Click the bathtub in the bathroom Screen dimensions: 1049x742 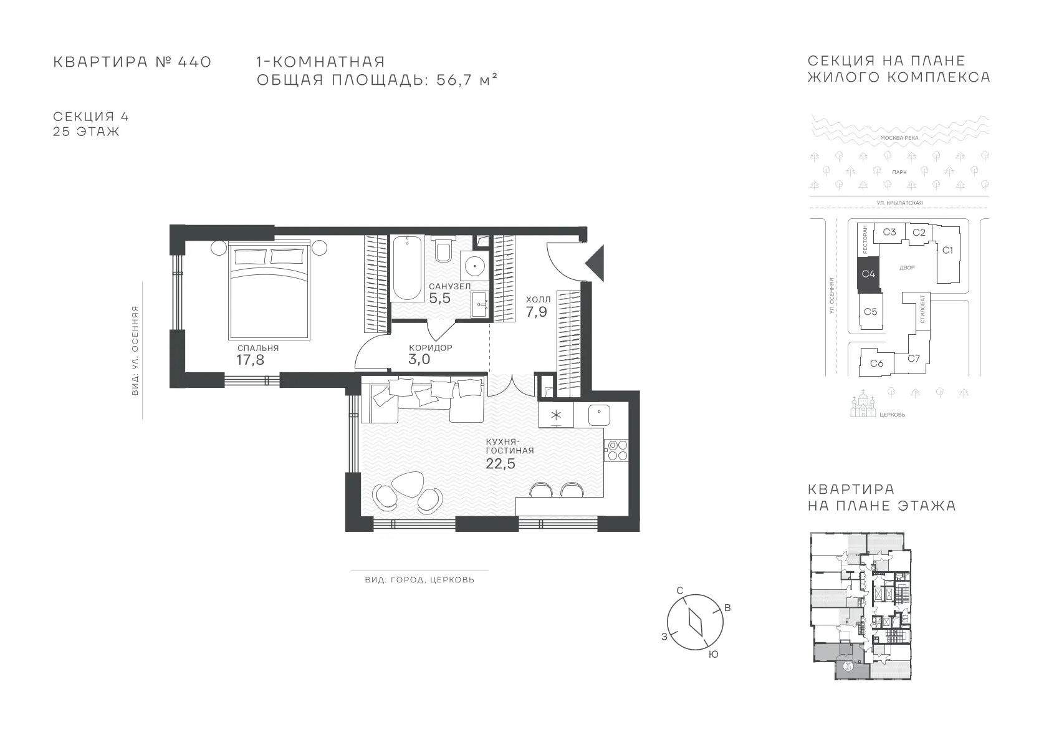pyautogui.click(x=408, y=267)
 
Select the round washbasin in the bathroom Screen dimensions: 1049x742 pyautogui.click(x=475, y=266)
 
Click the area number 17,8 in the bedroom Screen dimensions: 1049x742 pyautogui.click(x=251, y=360)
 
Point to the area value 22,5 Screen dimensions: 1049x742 pyautogui.click(x=501, y=464)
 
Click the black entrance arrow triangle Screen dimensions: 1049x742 pyautogui.click(x=595, y=263)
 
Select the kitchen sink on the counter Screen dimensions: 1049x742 pyautogui.click(x=599, y=415)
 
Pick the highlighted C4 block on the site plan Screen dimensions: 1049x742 pyautogui.click(x=868, y=274)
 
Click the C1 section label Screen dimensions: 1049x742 pyautogui.click(x=947, y=251)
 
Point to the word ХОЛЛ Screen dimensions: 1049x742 pyautogui.click(x=538, y=299)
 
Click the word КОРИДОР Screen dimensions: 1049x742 pyautogui.click(x=430, y=348)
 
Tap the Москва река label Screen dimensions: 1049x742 pyautogui.click(x=899, y=138)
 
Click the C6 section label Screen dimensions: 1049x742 pyautogui.click(x=877, y=363)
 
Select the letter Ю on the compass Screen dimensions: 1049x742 pyautogui.click(x=713, y=655)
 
